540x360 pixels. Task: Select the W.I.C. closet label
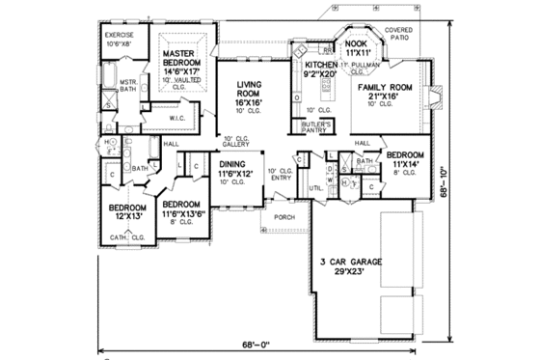[177, 119]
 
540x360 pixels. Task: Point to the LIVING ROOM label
[254, 92]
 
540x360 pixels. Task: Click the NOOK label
[358, 45]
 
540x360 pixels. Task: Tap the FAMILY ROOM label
[391, 87]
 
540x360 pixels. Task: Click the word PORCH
[284, 218]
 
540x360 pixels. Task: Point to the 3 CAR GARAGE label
[350, 263]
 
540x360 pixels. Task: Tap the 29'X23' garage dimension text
[350, 274]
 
